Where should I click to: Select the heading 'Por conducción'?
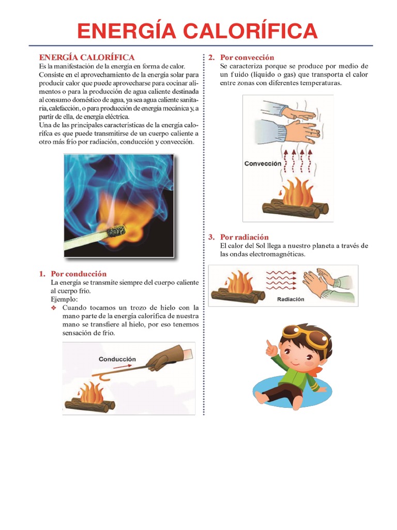click(79, 274)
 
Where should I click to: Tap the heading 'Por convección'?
click(247, 57)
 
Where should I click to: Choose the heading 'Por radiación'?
click(245, 237)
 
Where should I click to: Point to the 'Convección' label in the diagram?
click(263, 164)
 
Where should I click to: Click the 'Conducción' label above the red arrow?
click(117, 359)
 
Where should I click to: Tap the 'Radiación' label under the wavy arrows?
click(291, 299)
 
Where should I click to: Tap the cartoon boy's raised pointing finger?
click(269, 345)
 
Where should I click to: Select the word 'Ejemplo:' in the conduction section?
click(64, 299)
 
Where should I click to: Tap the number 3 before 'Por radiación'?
click(211, 237)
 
